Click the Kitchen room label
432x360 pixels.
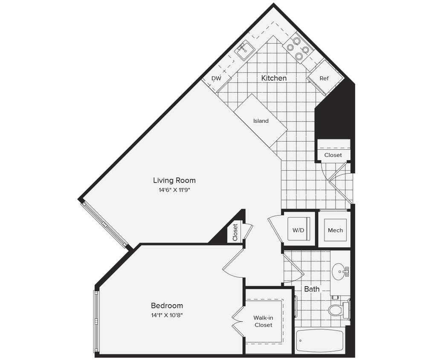coord(274,78)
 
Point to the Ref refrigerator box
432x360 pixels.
coord(325,78)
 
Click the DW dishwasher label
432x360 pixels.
coord(216,78)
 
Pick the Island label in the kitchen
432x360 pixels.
coord(261,121)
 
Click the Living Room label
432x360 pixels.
coord(174,180)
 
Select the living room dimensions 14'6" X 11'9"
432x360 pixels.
coord(174,190)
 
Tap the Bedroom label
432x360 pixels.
coord(167,305)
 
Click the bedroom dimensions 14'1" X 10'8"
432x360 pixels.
coord(167,315)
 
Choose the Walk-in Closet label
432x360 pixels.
coord(263,321)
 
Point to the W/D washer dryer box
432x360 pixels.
coord(299,230)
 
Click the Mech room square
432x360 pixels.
coord(335,230)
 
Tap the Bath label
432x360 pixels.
coord(312,289)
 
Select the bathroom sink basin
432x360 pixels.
coord(340,271)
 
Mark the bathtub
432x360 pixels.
coord(320,340)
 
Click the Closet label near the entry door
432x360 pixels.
coord(333,155)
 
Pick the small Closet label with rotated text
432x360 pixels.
coord(235,232)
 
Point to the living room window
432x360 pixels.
coord(104,224)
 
